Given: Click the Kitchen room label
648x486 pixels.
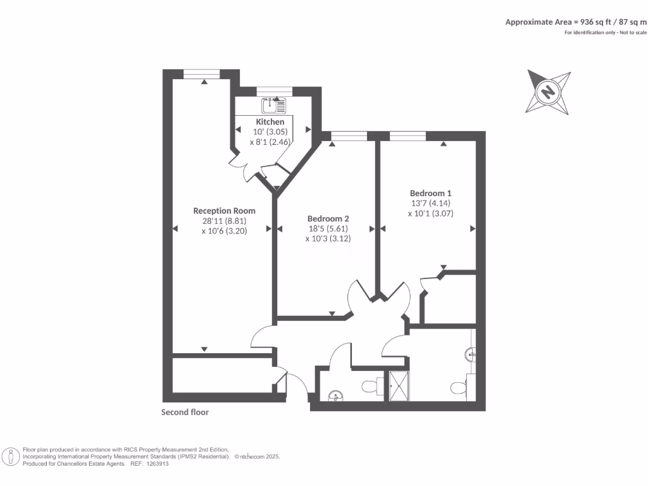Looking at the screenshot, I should (270, 121).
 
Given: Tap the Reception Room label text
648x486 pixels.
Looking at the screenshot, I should (224, 211).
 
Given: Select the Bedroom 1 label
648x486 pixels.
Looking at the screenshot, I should (430, 193).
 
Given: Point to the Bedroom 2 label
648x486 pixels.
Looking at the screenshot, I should (328, 218).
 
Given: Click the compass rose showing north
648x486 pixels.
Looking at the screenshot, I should (548, 92).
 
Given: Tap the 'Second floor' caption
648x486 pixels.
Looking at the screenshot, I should (185, 412).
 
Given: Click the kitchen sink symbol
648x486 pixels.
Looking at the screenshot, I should (273, 105).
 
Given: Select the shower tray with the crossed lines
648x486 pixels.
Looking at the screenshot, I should (399, 385).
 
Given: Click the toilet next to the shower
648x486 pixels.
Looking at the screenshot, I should (371, 385).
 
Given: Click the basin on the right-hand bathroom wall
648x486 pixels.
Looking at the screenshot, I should (470, 353).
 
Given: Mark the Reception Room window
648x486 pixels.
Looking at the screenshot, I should (201, 74).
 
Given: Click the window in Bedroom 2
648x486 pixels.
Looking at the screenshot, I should (349, 135).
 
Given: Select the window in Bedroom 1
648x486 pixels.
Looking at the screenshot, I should (408, 135).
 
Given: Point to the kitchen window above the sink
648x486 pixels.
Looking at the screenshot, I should (270, 92).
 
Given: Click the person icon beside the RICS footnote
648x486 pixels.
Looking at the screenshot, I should (11, 456).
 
